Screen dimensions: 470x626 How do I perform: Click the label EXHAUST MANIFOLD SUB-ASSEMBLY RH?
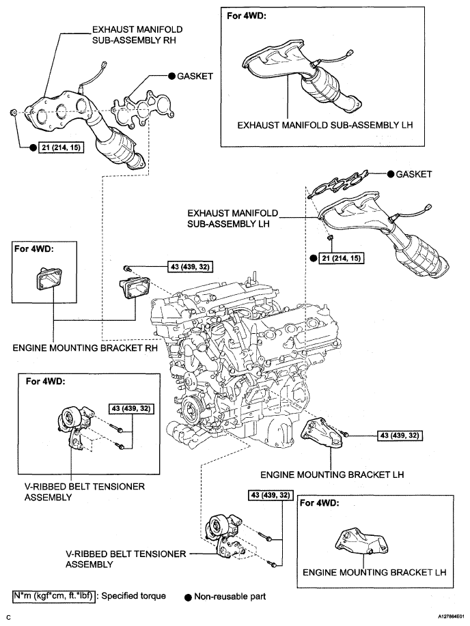point(137,35)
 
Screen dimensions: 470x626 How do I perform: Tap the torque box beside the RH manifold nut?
point(60,147)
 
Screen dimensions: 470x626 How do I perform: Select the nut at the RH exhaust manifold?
point(13,113)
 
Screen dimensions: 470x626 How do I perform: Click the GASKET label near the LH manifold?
point(414,174)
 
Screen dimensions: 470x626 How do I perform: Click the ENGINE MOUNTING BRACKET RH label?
point(85,347)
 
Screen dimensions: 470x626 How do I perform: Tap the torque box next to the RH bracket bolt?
point(190,266)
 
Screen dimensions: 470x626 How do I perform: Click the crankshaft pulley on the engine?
point(191,408)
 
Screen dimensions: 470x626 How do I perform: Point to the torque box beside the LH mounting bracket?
point(400,435)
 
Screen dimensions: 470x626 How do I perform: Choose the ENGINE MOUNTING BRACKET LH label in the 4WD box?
point(374,573)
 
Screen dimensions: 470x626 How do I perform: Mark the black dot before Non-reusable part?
point(188,597)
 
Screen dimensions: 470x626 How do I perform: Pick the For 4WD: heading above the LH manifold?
point(246,16)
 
